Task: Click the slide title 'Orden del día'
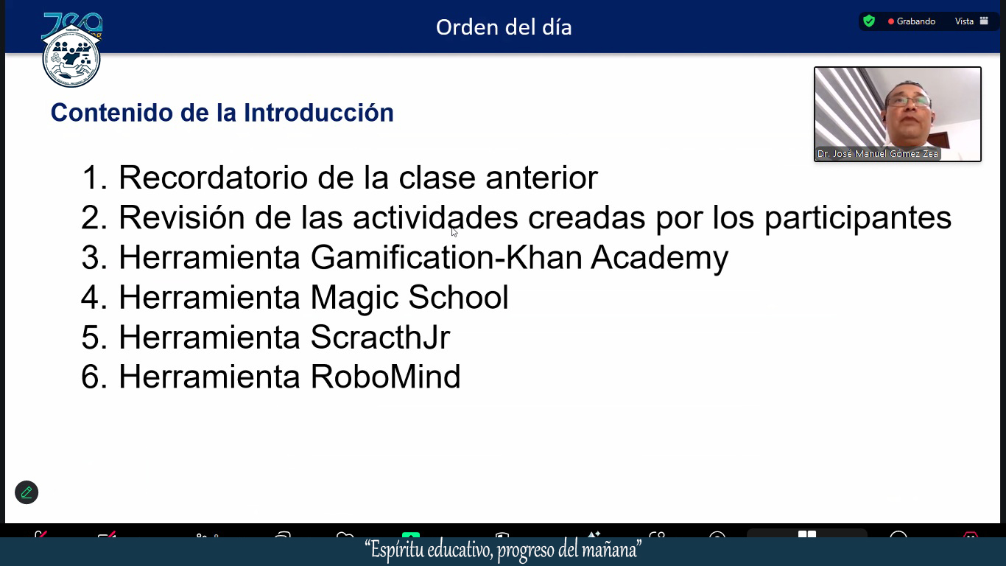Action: point(504,27)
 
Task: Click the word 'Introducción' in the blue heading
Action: point(318,113)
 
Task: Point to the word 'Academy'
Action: point(659,259)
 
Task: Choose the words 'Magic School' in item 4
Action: point(409,298)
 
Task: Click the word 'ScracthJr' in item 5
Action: point(380,338)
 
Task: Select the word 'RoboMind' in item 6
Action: point(385,377)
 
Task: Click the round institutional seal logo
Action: point(71,58)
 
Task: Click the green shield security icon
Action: point(869,21)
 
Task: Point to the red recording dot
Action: point(890,21)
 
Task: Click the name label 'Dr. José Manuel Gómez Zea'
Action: point(878,154)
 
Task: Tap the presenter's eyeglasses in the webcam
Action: point(908,101)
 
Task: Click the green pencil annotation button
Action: point(27,492)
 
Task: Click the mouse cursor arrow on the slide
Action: point(454,232)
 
